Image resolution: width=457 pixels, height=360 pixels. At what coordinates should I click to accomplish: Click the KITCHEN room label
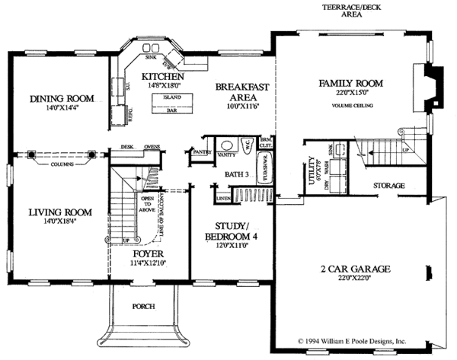[160, 78]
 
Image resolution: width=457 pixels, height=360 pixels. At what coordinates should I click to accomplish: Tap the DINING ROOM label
[62, 98]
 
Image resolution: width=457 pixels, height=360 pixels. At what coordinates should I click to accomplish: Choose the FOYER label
[148, 254]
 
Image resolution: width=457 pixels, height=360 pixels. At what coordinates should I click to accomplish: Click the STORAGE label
[388, 185]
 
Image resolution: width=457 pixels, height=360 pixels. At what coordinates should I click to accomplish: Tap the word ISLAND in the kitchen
[172, 97]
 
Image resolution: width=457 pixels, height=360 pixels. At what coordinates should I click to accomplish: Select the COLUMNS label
[62, 164]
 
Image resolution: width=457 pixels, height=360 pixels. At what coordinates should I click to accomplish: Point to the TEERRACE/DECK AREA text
[340, 10]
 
